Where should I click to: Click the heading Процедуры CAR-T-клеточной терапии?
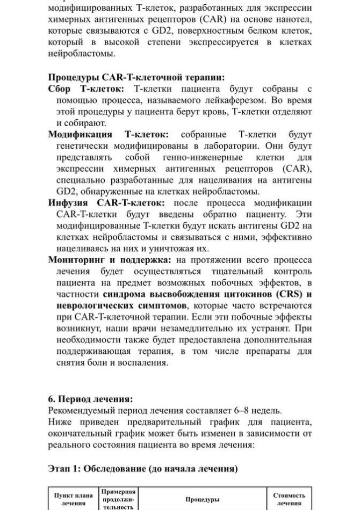pos(136,77)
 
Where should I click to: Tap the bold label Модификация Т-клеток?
pos(108,134)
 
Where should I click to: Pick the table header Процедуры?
pos(202,499)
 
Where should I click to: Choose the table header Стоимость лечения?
pos(289,499)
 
